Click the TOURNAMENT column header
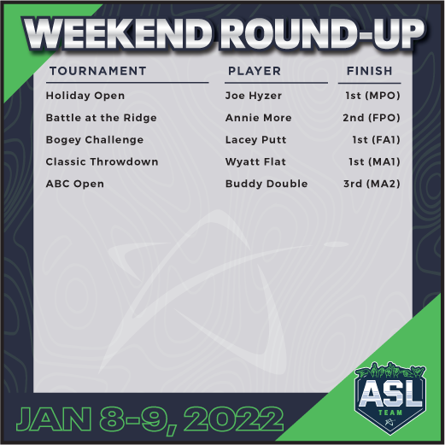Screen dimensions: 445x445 coord(97,71)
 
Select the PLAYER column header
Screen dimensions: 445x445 coord(254,71)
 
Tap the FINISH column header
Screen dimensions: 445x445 coord(370,71)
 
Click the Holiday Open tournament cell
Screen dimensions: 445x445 coord(85,96)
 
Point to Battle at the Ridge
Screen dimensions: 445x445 coord(101,118)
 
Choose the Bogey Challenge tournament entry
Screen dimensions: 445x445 coord(95,140)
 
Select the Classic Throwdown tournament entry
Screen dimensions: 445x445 coord(102,162)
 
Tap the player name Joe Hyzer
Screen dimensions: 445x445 coord(254,96)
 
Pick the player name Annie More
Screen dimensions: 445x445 coord(258,118)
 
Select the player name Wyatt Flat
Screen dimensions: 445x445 coord(255,162)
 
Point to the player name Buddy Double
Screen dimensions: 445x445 coord(266,184)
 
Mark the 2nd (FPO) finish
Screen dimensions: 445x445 coord(368,118)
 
